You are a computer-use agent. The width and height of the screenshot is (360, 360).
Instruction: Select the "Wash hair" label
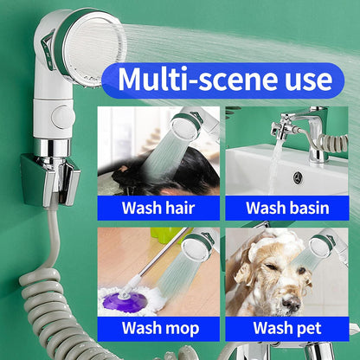coord(158,208)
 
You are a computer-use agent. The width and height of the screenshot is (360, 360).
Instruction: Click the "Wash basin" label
coord(287,208)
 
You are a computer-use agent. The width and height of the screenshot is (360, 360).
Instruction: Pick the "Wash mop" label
coord(160,328)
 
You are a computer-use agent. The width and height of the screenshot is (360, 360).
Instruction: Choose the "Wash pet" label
coord(287,328)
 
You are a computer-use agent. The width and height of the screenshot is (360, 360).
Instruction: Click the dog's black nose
coord(292,304)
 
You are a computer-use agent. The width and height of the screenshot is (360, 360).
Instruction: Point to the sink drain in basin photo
coord(299,177)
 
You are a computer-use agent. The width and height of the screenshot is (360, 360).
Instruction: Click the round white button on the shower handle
coord(61,117)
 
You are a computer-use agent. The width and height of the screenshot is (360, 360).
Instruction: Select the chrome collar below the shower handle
coord(52,148)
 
